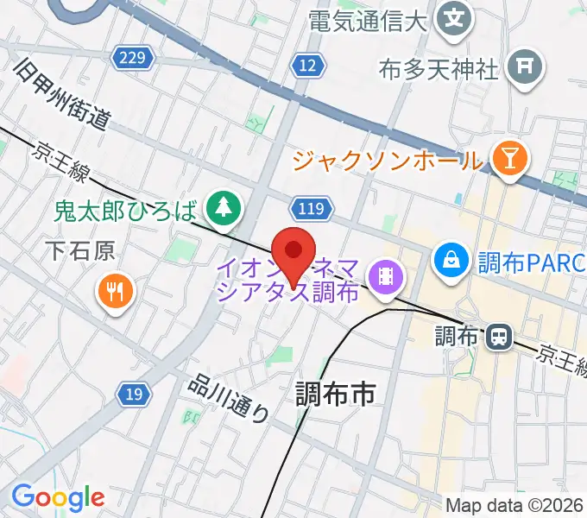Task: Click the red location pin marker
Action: click(293, 252)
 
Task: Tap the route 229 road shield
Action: click(132, 58)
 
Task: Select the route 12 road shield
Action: click(306, 65)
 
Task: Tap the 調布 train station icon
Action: click(497, 336)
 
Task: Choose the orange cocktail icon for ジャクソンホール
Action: click(511, 158)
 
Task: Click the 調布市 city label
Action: click(336, 395)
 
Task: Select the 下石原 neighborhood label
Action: click(80, 251)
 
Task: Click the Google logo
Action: click(58, 497)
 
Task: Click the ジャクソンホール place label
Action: click(388, 160)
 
